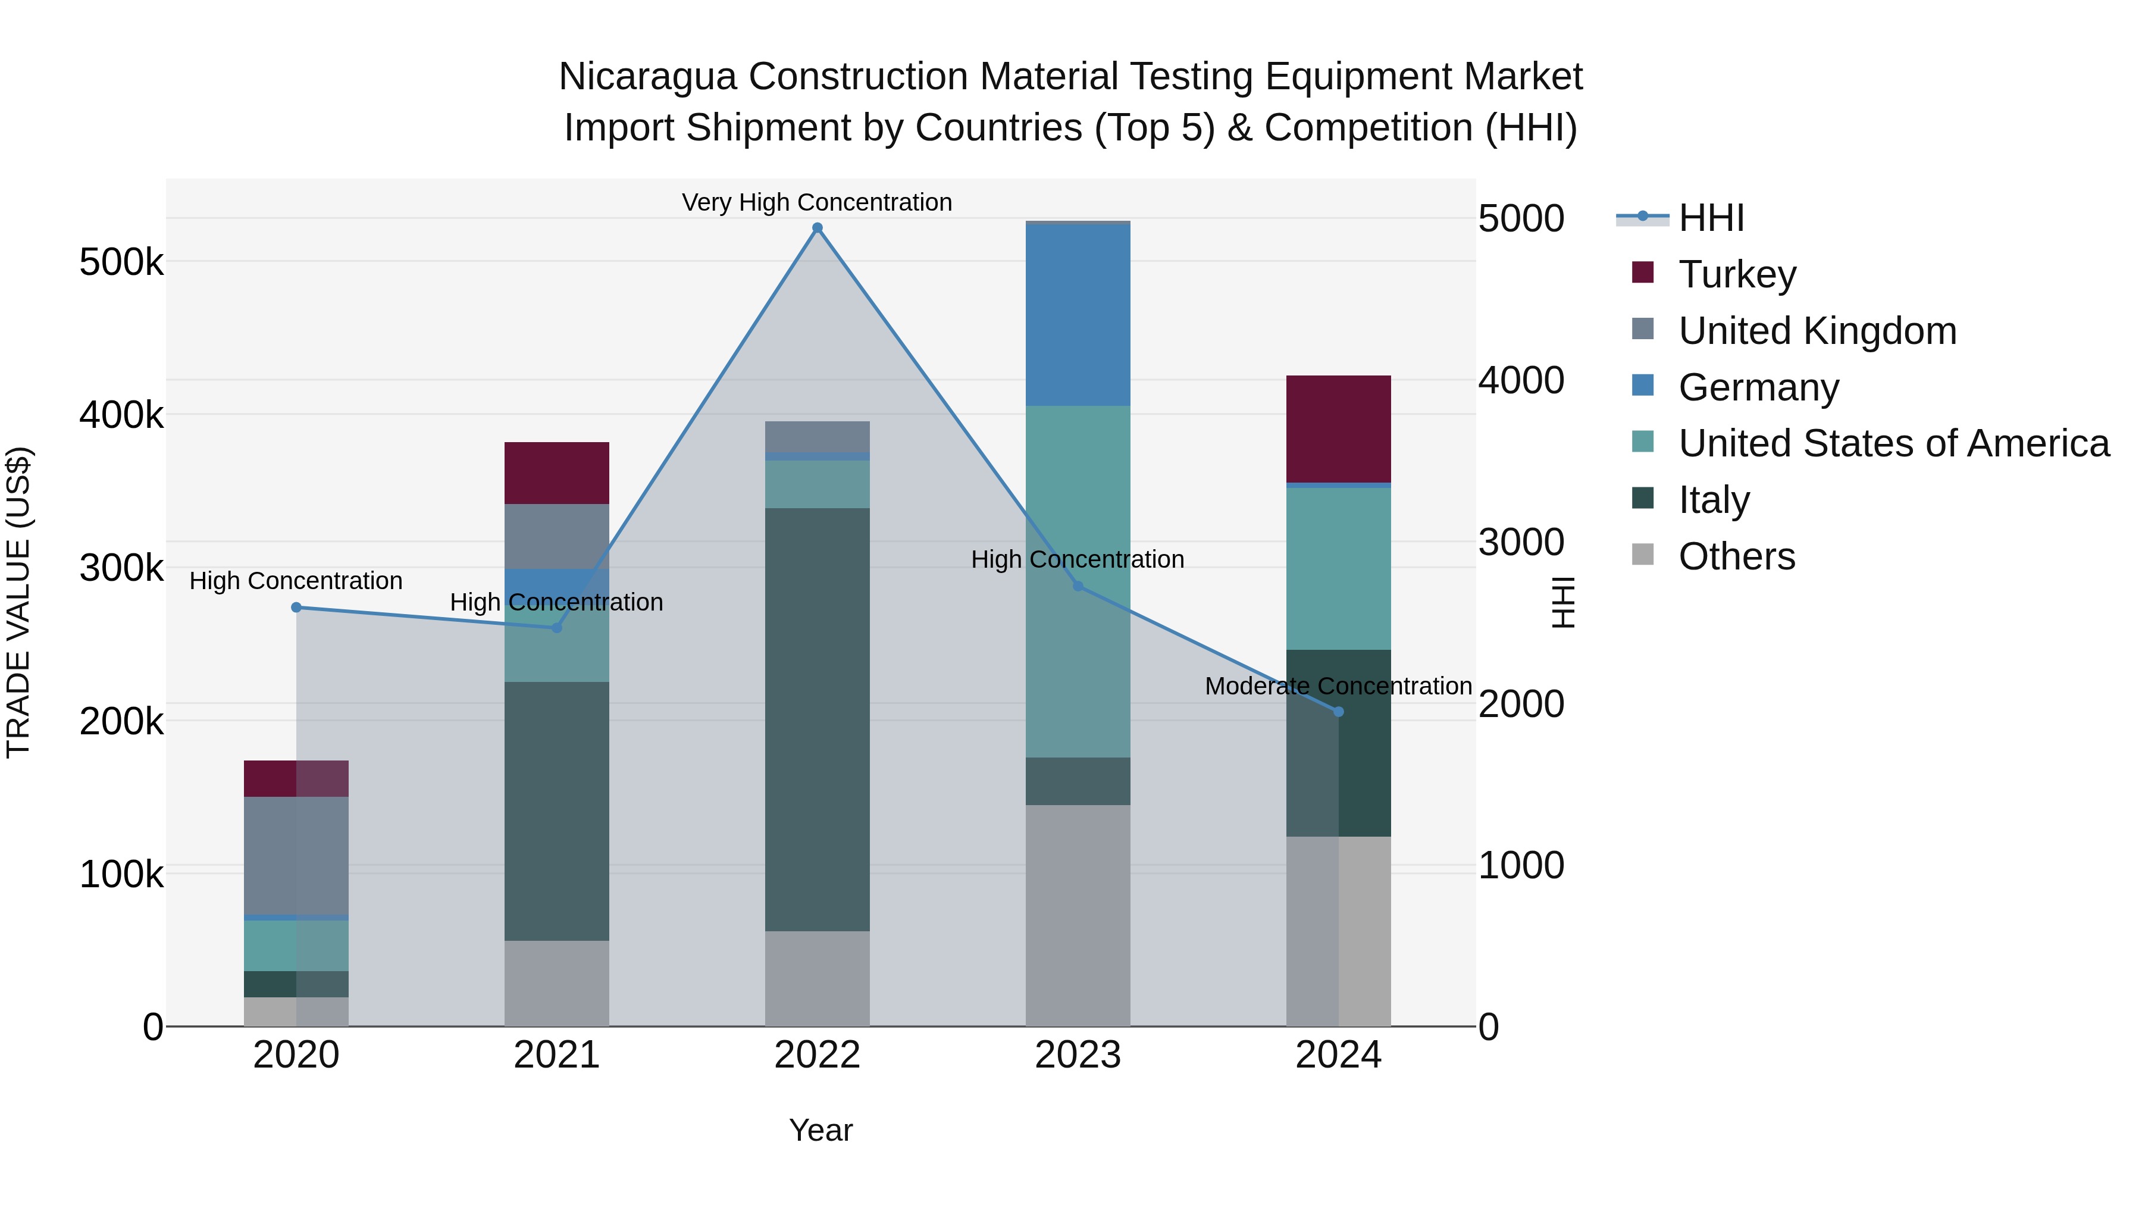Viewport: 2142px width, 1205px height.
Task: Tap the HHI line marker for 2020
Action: pyautogui.click(x=296, y=607)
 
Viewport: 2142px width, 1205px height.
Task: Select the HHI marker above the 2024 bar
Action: pyautogui.click(x=1338, y=711)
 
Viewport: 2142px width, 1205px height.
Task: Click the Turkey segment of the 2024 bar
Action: pyautogui.click(x=1338, y=428)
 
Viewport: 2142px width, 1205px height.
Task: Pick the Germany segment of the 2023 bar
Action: pyautogui.click(x=1078, y=314)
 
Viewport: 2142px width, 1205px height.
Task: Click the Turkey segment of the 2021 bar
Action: pyautogui.click(x=556, y=472)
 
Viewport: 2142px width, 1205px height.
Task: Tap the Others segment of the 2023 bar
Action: pyautogui.click(x=1078, y=915)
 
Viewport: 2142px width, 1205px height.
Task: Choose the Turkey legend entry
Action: pyautogui.click(x=1736, y=274)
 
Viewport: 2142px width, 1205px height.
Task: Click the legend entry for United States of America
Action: pyautogui.click(x=1893, y=443)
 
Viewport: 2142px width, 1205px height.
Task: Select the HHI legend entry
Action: pyautogui.click(x=1711, y=218)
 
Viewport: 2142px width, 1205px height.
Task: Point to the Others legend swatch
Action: pyautogui.click(x=1642, y=555)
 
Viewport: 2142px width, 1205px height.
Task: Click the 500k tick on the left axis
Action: pyautogui.click(x=121, y=263)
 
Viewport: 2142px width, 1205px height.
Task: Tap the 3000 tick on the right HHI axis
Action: pyautogui.click(x=1521, y=542)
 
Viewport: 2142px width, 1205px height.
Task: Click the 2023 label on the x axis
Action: pyautogui.click(x=1078, y=1055)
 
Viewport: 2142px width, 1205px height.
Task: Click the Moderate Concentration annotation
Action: pyautogui.click(x=1338, y=686)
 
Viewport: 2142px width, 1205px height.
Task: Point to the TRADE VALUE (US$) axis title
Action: pyautogui.click(x=18, y=602)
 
